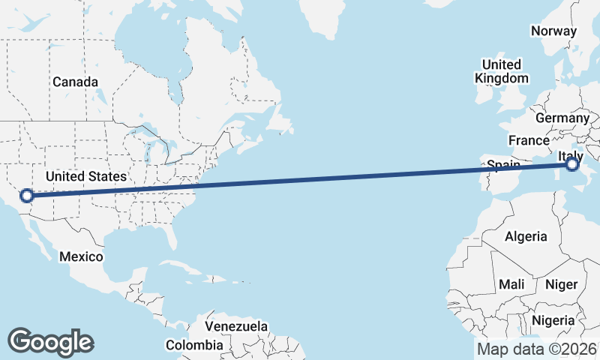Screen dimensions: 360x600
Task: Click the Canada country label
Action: [75, 81]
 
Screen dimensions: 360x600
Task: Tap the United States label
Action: [85, 177]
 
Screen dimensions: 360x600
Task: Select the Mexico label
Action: [81, 256]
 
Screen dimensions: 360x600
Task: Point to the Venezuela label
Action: [236, 327]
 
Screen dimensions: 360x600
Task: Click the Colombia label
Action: [194, 345]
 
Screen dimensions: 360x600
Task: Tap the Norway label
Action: [553, 31]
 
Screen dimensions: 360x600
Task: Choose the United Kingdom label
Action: [502, 70]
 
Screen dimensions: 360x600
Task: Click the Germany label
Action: [562, 118]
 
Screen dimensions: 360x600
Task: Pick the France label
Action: [529, 140]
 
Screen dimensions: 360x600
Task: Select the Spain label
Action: [502, 164]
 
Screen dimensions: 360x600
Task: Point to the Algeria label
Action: [526, 236]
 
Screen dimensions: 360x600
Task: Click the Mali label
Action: [511, 284]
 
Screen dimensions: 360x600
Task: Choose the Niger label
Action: [561, 284]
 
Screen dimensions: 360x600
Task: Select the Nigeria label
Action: [553, 320]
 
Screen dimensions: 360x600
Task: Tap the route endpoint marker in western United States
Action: [27, 196]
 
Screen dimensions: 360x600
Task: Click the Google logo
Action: [50, 342]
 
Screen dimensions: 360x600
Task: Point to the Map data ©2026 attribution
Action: [537, 349]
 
